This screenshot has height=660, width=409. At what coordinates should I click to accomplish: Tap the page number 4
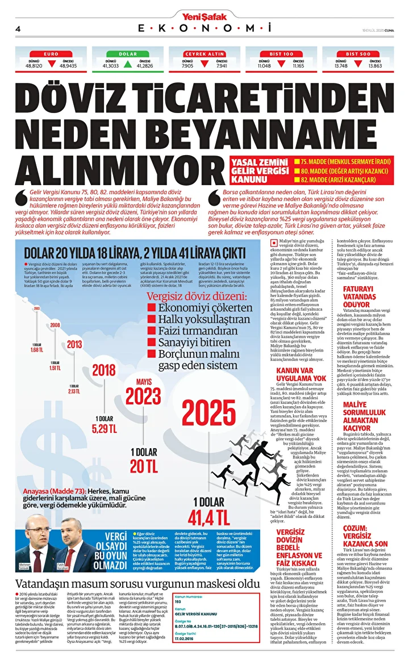(x=19, y=29)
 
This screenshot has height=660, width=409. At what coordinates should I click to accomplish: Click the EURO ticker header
(x=51, y=53)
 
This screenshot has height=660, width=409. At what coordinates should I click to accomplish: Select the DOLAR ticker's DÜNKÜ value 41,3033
(x=110, y=66)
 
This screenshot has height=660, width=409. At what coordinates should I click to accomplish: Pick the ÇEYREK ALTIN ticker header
(x=204, y=53)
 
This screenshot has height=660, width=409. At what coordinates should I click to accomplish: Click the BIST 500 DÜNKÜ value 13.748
(x=341, y=66)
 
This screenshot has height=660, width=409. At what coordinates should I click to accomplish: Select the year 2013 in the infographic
(x=74, y=344)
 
